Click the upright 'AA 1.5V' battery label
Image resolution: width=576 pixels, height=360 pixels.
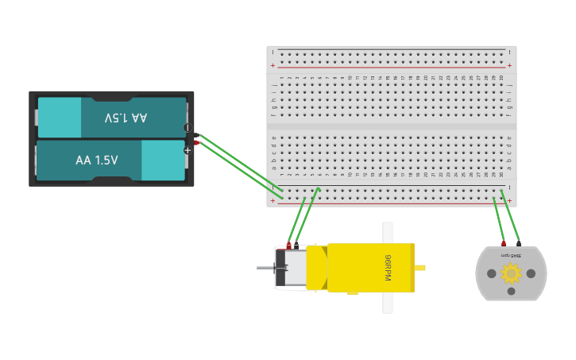click(96, 161)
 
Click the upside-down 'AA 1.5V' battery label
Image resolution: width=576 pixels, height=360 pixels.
click(126, 118)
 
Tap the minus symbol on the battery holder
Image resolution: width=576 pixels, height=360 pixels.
click(187, 127)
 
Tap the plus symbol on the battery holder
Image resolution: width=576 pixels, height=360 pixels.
click(187, 149)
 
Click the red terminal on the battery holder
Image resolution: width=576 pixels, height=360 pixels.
click(196, 142)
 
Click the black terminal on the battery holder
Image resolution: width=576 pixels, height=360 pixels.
click(196, 135)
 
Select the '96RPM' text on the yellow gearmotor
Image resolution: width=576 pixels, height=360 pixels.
click(388, 267)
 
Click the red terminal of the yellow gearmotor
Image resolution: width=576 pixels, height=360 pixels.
click(289, 246)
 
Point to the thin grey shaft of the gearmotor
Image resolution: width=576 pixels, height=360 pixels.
click(265, 268)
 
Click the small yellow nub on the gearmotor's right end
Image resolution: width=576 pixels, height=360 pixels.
click(420, 268)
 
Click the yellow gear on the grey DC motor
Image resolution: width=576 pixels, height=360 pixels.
click(511, 273)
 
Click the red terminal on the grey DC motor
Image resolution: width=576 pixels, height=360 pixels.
click(503, 243)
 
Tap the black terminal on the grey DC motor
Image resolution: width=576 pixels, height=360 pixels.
click(519, 243)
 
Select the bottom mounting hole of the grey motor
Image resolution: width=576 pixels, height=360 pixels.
click(511, 292)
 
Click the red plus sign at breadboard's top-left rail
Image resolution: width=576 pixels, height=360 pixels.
click(273, 65)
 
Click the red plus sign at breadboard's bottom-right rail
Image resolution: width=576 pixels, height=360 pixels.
click(509, 201)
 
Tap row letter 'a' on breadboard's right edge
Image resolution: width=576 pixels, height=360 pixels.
click(509, 168)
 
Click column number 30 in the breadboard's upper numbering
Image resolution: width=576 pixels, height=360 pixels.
click(501, 78)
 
